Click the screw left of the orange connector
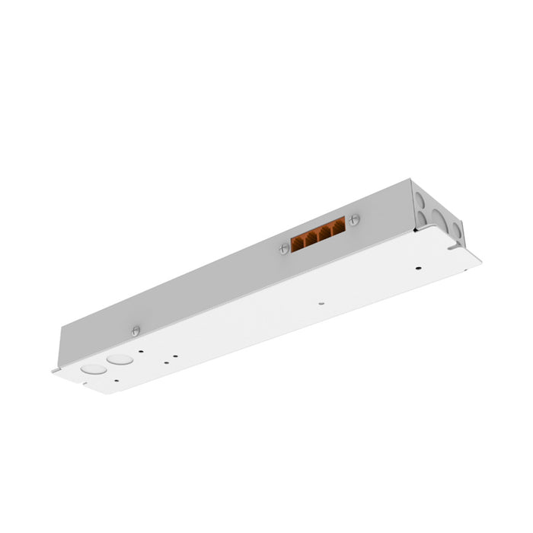click(x=285, y=246)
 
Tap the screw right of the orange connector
click(x=354, y=220)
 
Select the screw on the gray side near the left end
click(x=136, y=330)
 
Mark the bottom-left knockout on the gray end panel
click(x=421, y=219)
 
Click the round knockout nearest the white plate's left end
click(x=94, y=369)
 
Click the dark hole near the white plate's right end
click(x=417, y=267)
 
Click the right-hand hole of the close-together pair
click(x=176, y=353)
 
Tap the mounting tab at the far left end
click(x=56, y=371)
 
